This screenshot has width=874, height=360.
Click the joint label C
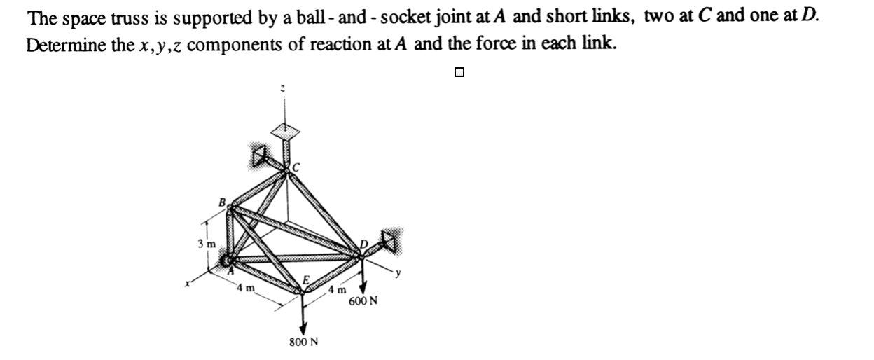point(296,167)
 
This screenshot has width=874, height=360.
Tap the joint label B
point(223,202)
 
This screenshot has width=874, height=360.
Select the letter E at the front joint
point(305,281)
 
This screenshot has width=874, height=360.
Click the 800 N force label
point(303,342)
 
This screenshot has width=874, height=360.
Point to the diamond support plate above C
point(285,130)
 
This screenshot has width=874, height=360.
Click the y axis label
point(397,275)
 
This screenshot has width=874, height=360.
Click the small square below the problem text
point(459,71)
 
